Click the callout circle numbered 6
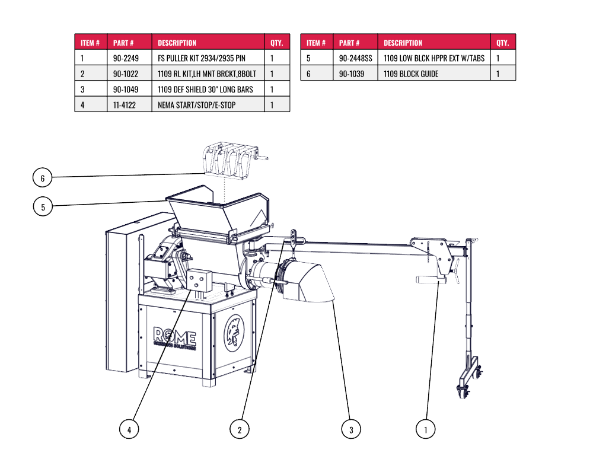point(43,177)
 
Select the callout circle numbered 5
point(43,206)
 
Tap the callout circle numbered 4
point(129,429)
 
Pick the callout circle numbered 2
point(240,429)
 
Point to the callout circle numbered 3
point(351,429)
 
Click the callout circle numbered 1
point(425,429)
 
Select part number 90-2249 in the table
point(126,58)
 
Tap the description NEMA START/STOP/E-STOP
point(197,105)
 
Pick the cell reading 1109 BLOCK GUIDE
point(411,74)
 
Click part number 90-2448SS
point(356,58)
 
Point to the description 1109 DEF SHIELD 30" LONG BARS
point(205,90)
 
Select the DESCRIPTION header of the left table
point(177,43)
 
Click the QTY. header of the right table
point(503,43)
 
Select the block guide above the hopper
point(228,158)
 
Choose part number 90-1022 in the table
point(125,74)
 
